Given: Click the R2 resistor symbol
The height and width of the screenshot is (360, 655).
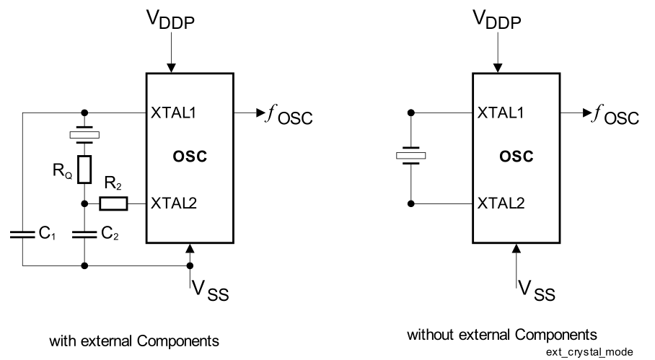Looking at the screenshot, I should click(x=114, y=203).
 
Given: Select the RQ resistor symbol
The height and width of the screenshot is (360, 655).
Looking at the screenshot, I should click(x=84, y=169).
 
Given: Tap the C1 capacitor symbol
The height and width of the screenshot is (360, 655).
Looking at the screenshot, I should click(x=22, y=233).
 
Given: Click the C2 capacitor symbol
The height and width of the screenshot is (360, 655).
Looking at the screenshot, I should click(x=84, y=233).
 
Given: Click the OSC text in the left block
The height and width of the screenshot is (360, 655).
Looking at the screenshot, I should click(x=190, y=157).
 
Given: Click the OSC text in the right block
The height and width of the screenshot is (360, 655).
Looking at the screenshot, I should click(x=516, y=157).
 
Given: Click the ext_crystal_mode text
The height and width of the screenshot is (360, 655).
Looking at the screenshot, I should click(x=589, y=351).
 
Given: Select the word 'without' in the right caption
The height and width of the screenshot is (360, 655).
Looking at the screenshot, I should click(x=428, y=335).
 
